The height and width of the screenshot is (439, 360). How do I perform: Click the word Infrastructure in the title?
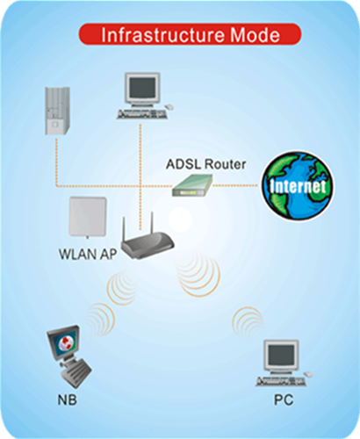point(163,35)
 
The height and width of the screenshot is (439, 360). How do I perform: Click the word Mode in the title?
point(255,35)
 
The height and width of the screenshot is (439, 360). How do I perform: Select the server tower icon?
point(57,111)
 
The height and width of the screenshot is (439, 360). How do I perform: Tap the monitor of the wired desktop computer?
point(142,90)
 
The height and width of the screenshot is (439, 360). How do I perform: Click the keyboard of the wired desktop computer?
point(142,114)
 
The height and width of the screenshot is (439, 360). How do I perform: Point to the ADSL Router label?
point(205,164)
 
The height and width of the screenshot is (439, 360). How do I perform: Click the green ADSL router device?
point(192,185)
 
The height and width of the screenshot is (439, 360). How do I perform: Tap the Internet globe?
point(298,186)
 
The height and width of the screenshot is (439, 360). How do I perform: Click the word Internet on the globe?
point(298,186)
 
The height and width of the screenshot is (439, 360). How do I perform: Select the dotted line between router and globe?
point(235,185)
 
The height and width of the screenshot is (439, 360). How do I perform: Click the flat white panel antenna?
point(88,217)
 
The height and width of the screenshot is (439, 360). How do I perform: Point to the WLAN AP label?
point(88,254)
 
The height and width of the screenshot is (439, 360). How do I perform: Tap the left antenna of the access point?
point(124,229)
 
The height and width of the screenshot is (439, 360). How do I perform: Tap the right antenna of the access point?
point(152,222)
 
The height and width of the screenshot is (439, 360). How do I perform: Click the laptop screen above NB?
point(63,342)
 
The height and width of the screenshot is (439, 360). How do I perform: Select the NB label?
point(68,400)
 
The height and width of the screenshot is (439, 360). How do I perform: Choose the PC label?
point(284,400)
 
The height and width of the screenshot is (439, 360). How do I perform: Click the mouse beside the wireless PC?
point(308,374)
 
